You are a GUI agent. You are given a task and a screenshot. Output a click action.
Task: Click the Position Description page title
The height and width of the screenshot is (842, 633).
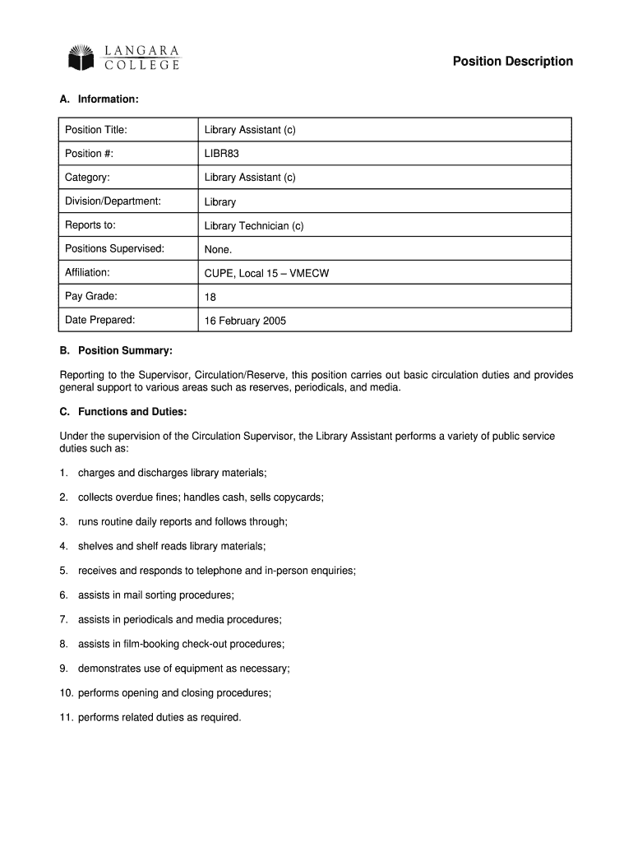coord(512,62)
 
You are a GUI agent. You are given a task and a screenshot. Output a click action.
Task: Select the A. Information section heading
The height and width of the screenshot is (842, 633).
coord(99,99)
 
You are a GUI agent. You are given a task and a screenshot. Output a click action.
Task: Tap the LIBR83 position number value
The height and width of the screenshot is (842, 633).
coord(222,154)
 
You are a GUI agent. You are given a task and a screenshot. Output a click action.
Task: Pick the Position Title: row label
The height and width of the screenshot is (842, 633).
coord(96,130)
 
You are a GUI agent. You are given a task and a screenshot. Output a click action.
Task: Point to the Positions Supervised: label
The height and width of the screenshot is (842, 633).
coord(114,248)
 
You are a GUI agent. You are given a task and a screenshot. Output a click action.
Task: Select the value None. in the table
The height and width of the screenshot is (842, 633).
coord(219,249)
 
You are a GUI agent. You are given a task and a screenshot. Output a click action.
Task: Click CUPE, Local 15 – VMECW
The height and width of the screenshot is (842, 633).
coord(266,273)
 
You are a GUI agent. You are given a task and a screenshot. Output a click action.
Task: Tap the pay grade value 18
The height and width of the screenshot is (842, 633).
coord(210,297)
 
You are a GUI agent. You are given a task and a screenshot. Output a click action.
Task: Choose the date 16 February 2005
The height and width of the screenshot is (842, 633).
coord(245,321)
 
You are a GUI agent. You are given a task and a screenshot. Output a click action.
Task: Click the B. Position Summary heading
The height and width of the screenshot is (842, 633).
coord(116,351)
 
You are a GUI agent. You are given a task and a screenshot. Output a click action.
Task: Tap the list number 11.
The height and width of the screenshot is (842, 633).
coord(66,717)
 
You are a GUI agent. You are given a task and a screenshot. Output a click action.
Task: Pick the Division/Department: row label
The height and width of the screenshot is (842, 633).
coord(113,201)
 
